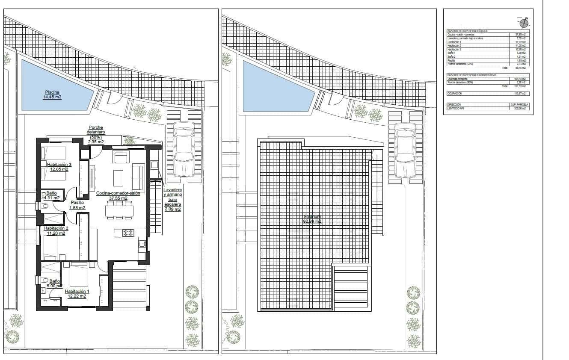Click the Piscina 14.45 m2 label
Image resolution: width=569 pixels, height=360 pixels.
(x=52, y=94)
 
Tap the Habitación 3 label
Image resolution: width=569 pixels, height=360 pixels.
(x=59, y=167)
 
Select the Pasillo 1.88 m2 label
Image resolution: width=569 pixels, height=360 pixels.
(x=77, y=205)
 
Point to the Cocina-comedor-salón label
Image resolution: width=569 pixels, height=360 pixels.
(x=118, y=195)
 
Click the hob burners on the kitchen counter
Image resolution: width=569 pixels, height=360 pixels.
(x=128, y=233)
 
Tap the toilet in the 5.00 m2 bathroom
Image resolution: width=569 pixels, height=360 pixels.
(x=45, y=280)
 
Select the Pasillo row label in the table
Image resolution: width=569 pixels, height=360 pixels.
(x=452, y=61)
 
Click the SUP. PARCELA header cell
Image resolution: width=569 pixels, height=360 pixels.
(x=519, y=104)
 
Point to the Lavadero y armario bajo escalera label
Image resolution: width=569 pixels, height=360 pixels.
(x=173, y=199)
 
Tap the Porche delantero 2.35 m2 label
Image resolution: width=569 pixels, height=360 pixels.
(x=96, y=135)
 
